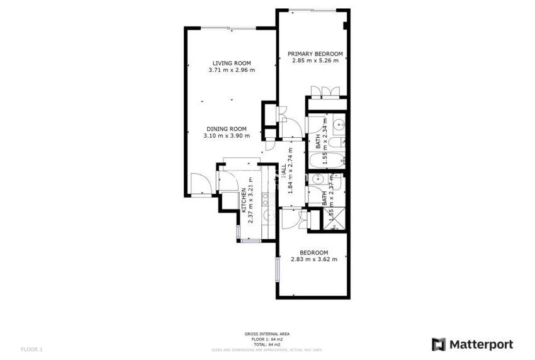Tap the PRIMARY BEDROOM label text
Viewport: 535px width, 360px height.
click(315, 53)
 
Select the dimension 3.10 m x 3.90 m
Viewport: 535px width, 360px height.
click(227, 136)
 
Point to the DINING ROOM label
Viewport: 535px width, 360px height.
click(227, 128)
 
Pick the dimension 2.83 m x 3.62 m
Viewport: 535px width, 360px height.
click(314, 259)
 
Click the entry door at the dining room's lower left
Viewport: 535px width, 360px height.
click(201, 184)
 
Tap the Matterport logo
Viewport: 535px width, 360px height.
click(472, 344)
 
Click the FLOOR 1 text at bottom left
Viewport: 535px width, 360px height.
click(31, 349)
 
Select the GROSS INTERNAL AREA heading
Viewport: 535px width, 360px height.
click(267, 334)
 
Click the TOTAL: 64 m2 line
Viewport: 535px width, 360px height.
click(267, 344)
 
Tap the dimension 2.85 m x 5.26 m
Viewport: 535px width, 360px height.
click(315, 61)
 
